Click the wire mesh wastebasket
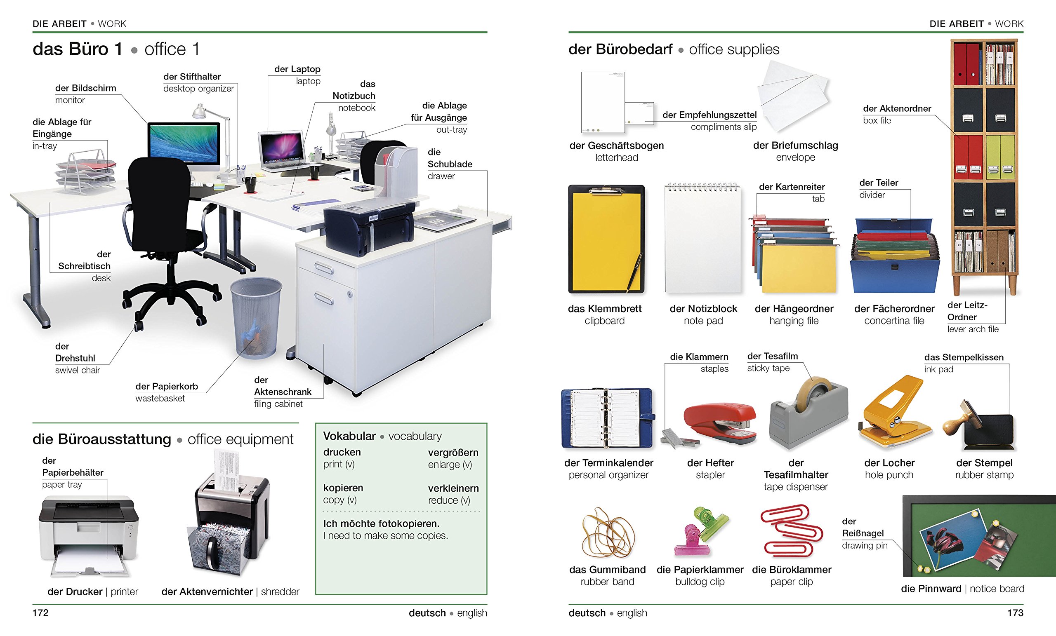(256, 317)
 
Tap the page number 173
(1015, 613)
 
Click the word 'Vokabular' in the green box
(349, 436)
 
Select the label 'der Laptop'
(297, 69)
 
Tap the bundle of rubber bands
(607, 533)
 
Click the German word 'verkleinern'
(453, 488)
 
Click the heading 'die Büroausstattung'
(102, 439)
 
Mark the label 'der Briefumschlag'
(795, 145)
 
